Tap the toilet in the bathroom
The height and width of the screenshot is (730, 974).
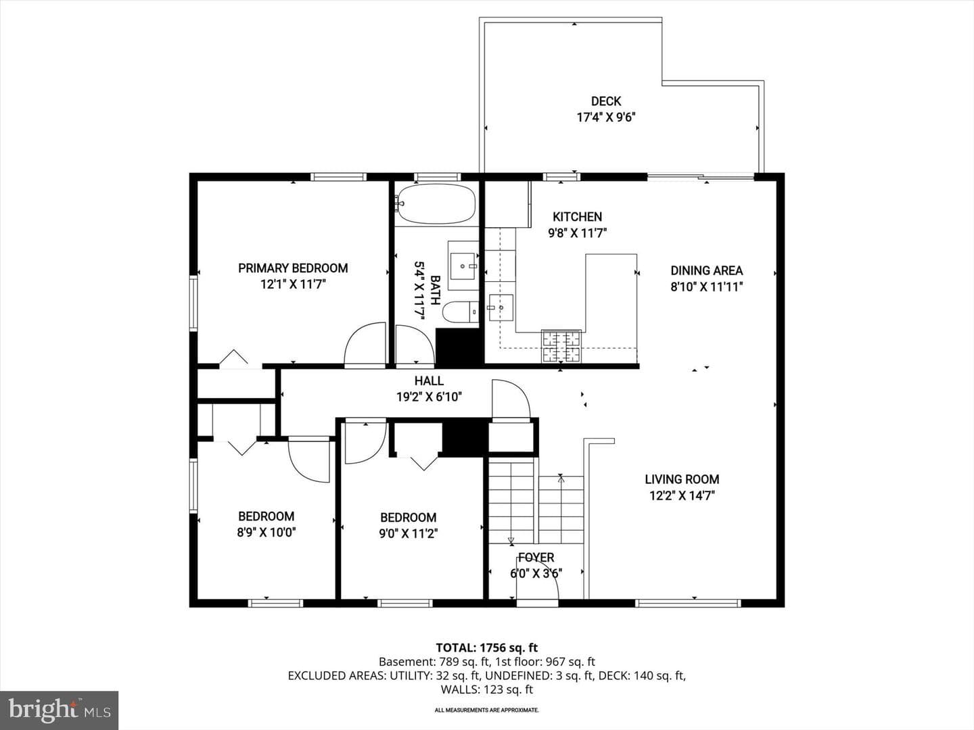tap(461, 312)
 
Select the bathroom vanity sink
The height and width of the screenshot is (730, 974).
tap(463, 266)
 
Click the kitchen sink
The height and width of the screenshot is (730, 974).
tap(501, 307)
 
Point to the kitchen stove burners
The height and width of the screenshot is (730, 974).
tap(561, 345)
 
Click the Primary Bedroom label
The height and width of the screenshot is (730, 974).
tap(293, 268)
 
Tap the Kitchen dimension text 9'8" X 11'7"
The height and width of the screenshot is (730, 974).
tap(577, 233)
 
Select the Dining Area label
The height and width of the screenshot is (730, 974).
tap(706, 270)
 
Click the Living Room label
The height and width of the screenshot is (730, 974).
tap(682, 479)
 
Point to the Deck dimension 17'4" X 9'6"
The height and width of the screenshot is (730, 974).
tap(606, 118)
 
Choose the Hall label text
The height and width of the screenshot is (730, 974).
tap(429, 381)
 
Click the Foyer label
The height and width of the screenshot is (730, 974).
tap(536, 558)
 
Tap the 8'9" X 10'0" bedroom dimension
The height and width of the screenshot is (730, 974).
tap(266, 533)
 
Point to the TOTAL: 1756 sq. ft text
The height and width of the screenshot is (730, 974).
tap(487, 648)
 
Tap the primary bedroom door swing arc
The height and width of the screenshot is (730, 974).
tap(365, 344)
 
